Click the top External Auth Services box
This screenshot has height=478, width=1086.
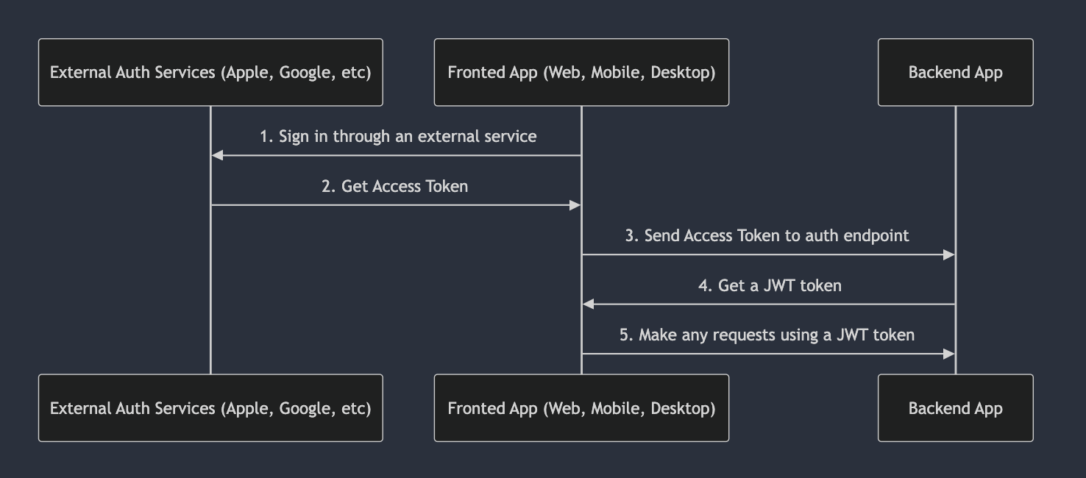[x=210, y=72]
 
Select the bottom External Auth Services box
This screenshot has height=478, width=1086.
[x=210, y=408]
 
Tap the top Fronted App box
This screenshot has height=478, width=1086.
[x=581, y=72]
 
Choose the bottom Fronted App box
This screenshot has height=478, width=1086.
[x=581, y=408]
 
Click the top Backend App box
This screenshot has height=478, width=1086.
[x=955, y=72]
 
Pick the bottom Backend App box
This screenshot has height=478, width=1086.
[x=955, y=408]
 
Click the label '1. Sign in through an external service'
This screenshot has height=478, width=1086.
[x=398, y=137]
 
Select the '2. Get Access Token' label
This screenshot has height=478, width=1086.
[x=395, y=186]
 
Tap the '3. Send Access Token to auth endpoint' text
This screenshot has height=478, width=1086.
[x=767, y=235]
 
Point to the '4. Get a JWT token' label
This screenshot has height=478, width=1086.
[x=770, y=285]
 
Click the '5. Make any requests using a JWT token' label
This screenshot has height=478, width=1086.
[x=767, y=335]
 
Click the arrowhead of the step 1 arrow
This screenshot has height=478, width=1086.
[x=217, y=155]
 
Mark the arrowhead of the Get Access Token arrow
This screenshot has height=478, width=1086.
[x=575, y=205]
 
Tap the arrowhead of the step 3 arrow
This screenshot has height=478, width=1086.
[x=949, y=254]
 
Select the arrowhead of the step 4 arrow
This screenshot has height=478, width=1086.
[x=588, y=304]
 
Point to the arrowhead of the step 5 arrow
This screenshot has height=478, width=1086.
[x=949, y=354]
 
